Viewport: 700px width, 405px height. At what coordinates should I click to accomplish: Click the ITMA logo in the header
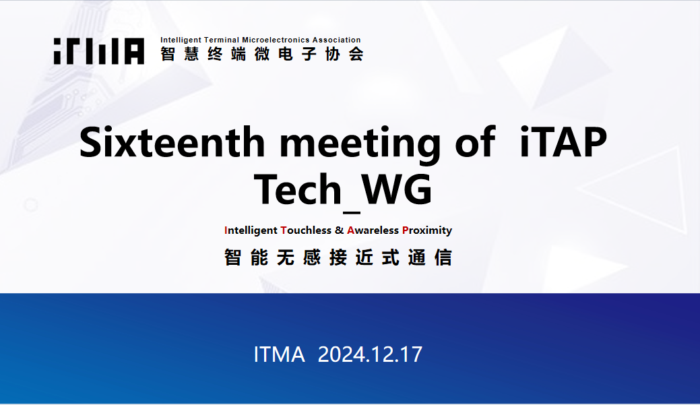[x=98, y=51]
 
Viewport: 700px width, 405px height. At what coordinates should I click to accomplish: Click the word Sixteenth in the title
[x=172, y=142]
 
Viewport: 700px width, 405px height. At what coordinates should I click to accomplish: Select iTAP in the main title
[x=563, y=142]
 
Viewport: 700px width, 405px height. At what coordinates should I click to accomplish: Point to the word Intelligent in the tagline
[x=251, y=230]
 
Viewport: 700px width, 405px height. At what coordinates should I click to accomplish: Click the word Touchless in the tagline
[x=306, y=230]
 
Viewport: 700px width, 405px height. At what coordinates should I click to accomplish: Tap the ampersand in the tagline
[x=340, y=230]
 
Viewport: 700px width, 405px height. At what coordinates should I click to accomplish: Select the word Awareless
[x=373, y=230]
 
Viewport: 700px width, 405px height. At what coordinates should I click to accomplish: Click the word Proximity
[x=427, y=230]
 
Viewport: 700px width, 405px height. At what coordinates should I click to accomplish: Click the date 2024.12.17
[x=370, y=354]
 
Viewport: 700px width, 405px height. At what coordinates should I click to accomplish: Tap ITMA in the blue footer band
[x=279, y=354]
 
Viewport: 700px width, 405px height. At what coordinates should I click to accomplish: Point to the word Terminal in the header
[x=222, y=40]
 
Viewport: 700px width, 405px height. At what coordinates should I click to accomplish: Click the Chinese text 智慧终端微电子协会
[x=262, y=54]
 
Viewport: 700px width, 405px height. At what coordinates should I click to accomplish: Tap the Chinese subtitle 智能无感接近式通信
[x=338, y=257]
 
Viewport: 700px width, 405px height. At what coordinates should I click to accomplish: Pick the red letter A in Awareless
[x=350, y=230]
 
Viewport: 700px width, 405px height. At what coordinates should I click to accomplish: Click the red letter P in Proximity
[x=406, y=230]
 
